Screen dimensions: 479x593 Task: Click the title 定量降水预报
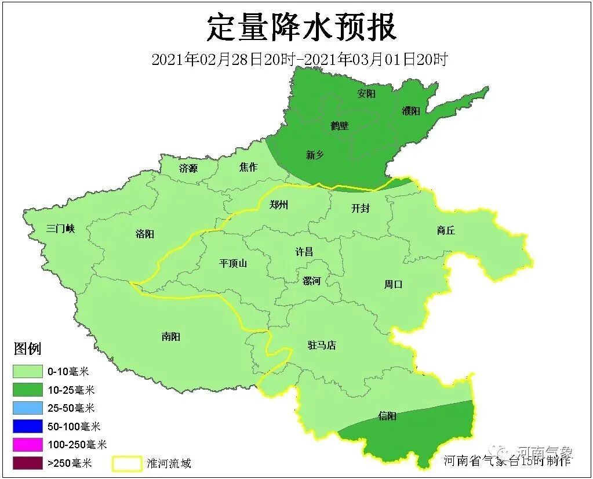coord(301,27)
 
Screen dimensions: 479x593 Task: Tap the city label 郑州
coord(279,205)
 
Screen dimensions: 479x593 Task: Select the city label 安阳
coord(366,93)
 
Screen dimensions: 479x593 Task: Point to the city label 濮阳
coord(411,111)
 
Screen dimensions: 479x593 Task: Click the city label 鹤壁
coord(340,125)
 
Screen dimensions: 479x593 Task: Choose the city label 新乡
coord(315,155)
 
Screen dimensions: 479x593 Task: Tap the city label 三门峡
coord(60,228)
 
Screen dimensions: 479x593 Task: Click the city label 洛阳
coord(144,234)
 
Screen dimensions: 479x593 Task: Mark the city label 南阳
coord(171,336)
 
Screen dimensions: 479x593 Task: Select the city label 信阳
coord(387,416)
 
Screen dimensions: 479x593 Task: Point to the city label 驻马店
coord(322,346)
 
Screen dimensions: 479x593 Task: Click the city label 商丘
coord(446,231)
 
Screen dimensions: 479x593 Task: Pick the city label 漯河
coord(311,281)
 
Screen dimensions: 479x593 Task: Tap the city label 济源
coord(188,169)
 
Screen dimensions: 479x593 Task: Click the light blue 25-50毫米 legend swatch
coord(28,408)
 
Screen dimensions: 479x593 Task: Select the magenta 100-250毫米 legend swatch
coord(28,445)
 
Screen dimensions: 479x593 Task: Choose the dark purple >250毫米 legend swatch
coord(28,463)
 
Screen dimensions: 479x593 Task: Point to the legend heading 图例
coord(27,349)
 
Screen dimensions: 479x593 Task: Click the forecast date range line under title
coord(299,59)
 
